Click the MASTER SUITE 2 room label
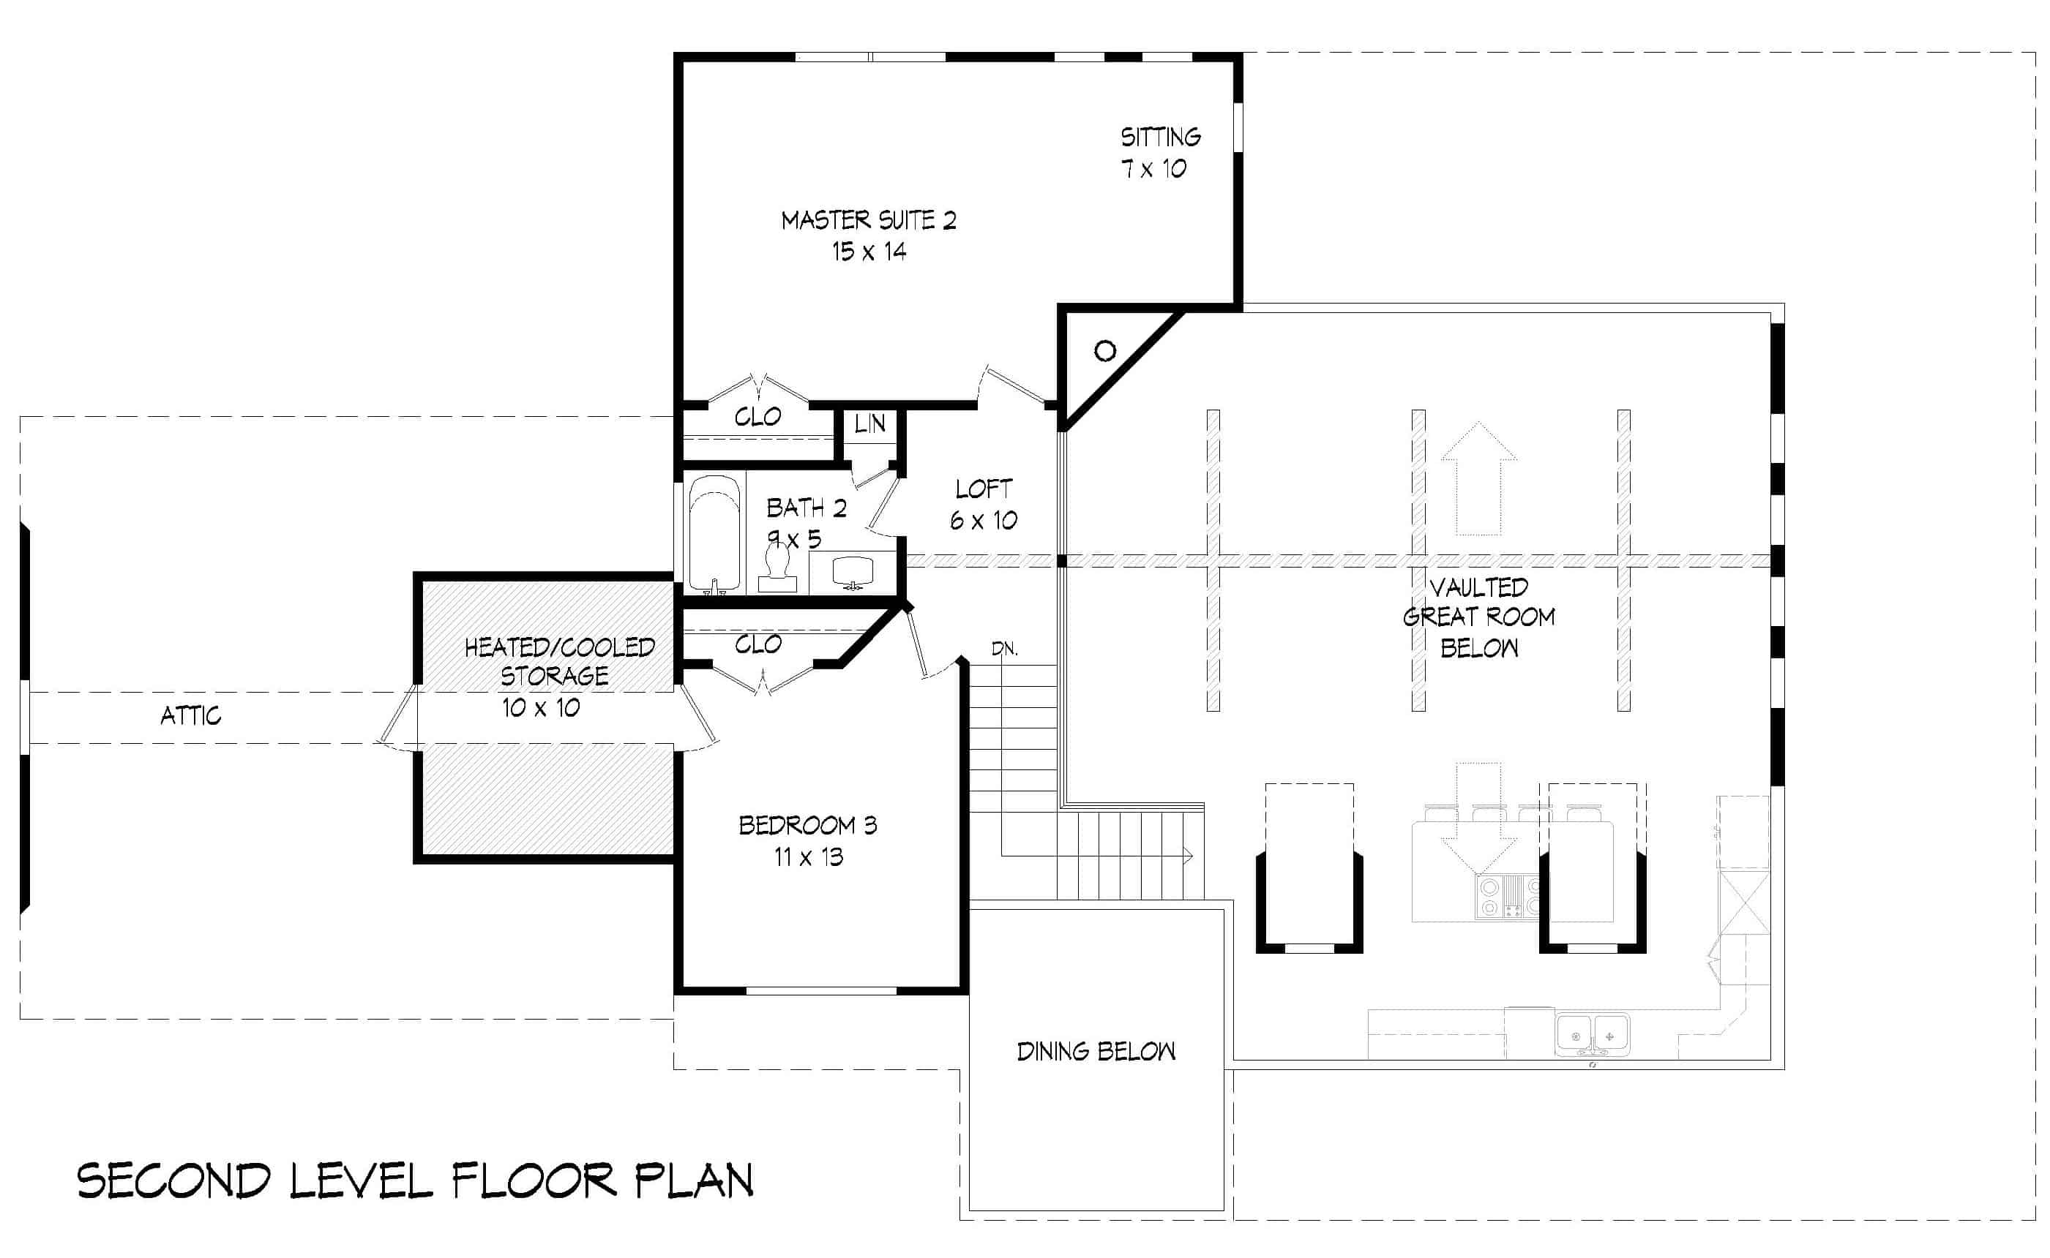point(868,220)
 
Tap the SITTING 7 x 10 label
point(1159,152)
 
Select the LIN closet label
point(869,424)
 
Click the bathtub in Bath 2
point(714,532)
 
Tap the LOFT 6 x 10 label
point(983,504)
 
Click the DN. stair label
point(1005,649)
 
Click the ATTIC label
point(190,715)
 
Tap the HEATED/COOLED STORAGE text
point(558,661)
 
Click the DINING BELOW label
point(1096,1052)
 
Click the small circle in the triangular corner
point(1104,351)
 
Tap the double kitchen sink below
point(1593,1036)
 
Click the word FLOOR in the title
point(534,1180)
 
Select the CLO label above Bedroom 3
point(757,644)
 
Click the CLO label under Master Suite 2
point(757,417)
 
